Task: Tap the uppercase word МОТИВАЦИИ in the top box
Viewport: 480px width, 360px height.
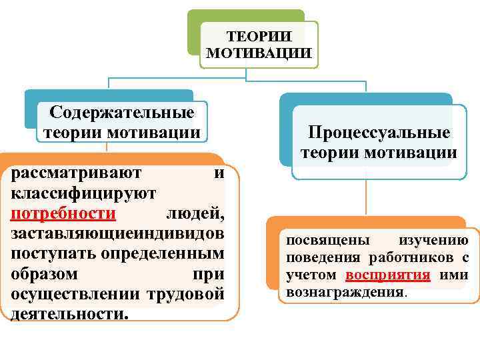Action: tap(259, 52)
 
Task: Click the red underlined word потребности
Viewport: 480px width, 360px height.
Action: tap(64, 213)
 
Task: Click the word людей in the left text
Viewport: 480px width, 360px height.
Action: tap(194, 213)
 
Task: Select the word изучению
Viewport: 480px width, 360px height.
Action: tap(433, 241)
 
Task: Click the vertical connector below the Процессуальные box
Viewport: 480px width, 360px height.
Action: tap(365, 199)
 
